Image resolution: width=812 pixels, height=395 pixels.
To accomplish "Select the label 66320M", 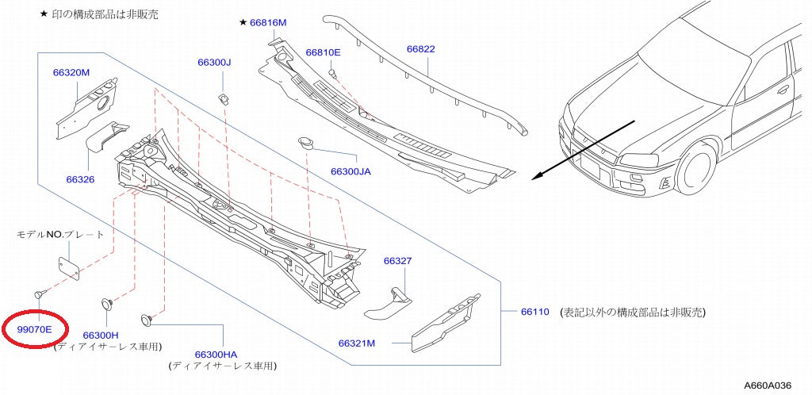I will [x=71, y=72].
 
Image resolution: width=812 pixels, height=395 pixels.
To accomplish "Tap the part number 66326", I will [x=80, y=179].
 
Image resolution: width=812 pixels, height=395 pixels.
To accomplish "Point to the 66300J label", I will [x=214, y=62].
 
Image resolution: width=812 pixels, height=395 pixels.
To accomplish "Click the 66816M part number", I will [x=268, y=23].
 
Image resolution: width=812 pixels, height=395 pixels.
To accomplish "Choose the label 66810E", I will [x=323, y=52].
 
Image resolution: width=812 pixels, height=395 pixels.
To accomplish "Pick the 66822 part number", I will [x=421, y=48].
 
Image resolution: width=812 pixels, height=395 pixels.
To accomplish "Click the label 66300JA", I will [x=350, y=171].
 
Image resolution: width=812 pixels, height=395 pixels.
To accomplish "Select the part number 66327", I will [x=397, y=261].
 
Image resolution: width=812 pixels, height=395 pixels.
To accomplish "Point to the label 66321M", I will [x=356, y=343].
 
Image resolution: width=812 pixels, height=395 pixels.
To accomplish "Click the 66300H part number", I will [x=100, y=336].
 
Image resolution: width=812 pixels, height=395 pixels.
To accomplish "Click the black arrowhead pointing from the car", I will [x=537, y=177].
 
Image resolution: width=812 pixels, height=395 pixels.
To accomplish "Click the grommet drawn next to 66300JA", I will [x=305, y=142].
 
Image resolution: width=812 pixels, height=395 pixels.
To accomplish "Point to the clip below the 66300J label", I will [x=224, y=98].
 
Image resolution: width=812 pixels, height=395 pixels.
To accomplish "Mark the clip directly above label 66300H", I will [x=105, y=303].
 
